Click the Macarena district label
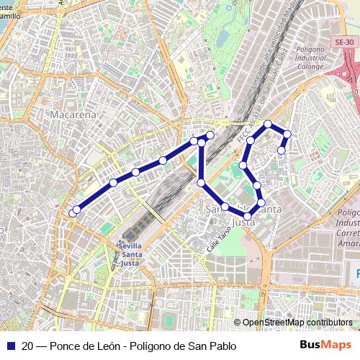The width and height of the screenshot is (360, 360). click(x=73, y=114)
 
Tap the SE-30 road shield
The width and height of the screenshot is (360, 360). click(x=343, y=43)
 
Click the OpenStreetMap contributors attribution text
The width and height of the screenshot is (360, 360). click(x=297, y=323)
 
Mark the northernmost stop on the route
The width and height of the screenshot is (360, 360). click(x=268, y=125)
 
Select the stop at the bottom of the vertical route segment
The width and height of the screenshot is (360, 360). click(x=201, y=183)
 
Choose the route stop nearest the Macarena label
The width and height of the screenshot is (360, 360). click(x=113, y=183)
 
